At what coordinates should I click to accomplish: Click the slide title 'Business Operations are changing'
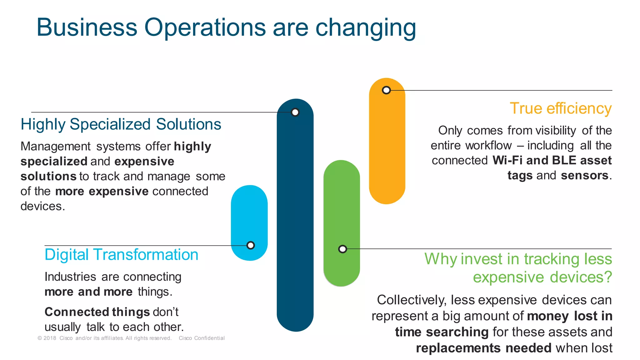[x=226, y=27]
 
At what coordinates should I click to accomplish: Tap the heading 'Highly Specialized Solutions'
[x=121, y=124]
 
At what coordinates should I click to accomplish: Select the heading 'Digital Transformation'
[x=121, y=255]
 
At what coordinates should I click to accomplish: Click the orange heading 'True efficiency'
[x=561, y=108]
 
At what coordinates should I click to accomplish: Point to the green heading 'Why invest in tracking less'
[x=518, y=259]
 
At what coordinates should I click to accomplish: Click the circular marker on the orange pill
[x=386, y=90]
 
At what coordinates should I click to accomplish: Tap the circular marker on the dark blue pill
[x=295, y=112]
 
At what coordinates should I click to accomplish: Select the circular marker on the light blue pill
[x=250, y=245]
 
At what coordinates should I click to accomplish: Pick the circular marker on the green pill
[x=342, y=249]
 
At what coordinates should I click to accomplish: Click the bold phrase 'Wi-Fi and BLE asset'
[x=552, y=160]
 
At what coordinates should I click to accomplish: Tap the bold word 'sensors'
[x=584, y=176]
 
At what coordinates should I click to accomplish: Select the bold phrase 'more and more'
[x=88, y=292]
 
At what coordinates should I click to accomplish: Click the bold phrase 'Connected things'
[x=97, y=312]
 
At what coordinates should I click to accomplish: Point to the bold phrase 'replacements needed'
[x=483, y=348]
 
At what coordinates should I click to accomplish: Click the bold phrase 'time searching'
[x=442, y=332]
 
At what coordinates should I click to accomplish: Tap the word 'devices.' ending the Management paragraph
[x=42, y=206]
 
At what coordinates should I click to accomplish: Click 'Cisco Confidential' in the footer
[x=202, y=338]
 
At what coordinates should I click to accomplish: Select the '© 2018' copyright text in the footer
[x=47, y=338]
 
